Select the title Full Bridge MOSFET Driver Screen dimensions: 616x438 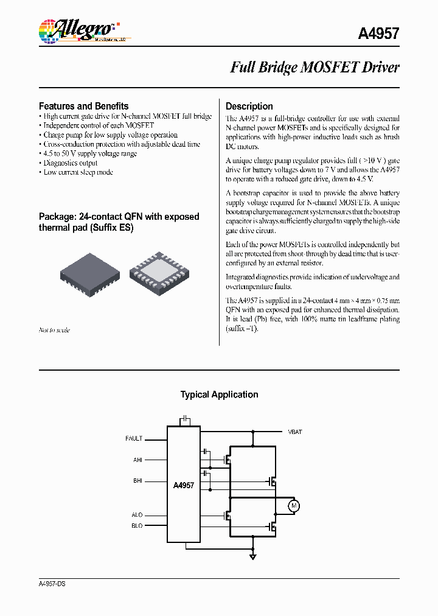pos(314,68)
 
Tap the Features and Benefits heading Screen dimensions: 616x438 pos(83,106)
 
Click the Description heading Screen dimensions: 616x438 pos(249,106)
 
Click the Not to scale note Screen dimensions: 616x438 pos(54,330)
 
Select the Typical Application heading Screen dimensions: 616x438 pos(219,394)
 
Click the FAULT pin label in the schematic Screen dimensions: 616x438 pos(134,438)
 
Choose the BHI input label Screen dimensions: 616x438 pos(137,481)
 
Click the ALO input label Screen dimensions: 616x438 pos(137,516)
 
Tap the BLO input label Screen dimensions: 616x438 pos(137,526)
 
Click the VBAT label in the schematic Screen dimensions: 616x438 pos(294,432)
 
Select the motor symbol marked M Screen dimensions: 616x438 pos(293,505)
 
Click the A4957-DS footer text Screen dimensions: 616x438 pos(52,584)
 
